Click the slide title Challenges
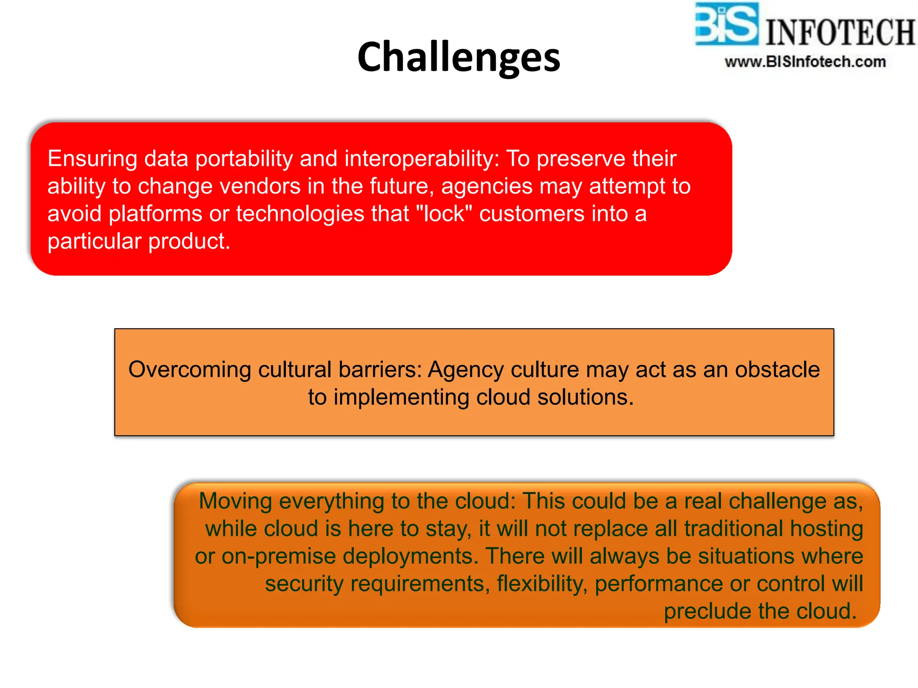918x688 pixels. tap(459, 57)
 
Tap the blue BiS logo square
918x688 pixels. tap(727, 24)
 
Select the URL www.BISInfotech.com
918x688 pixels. tap(805, 62)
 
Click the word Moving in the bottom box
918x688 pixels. tap(235, 501)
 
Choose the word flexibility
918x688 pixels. tap(542, 584)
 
